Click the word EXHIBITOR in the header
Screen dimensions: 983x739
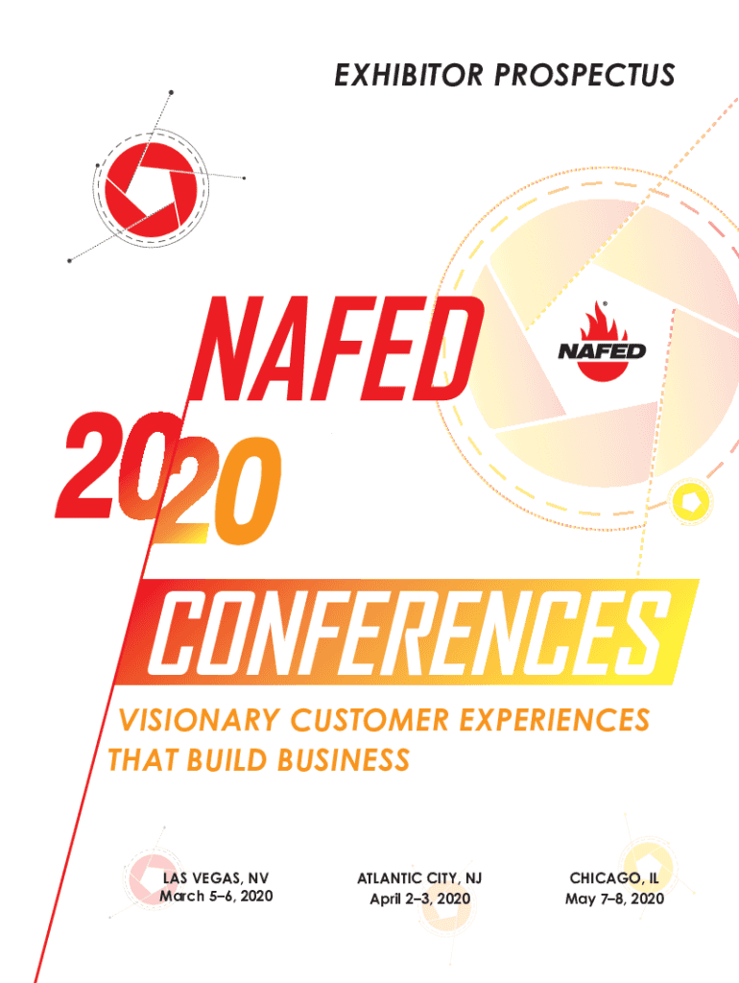[407, 75]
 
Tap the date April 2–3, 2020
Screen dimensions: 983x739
[420, 899]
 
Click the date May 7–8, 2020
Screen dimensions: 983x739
[614, 899]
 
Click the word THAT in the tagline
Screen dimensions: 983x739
[140, 761]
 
